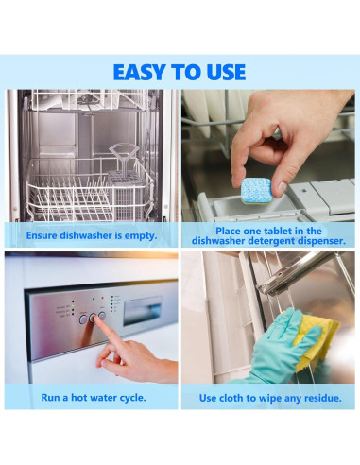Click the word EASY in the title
click(x=141, y=72)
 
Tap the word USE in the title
click(x=226, y=72)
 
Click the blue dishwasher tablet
click(x=256, y=191)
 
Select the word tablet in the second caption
click(x=279, y=231)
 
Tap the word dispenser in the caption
click(x=321, y=241)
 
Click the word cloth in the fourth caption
click(x=232, y=398)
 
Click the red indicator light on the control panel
click(x=102, y=298)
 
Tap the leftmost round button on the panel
click(x=83, y=319)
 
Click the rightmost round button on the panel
click(x=102, y=315)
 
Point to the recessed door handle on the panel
click(x=143, y=310)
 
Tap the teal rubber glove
click(x=277, y=347)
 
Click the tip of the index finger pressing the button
click(x=95, y=319)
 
